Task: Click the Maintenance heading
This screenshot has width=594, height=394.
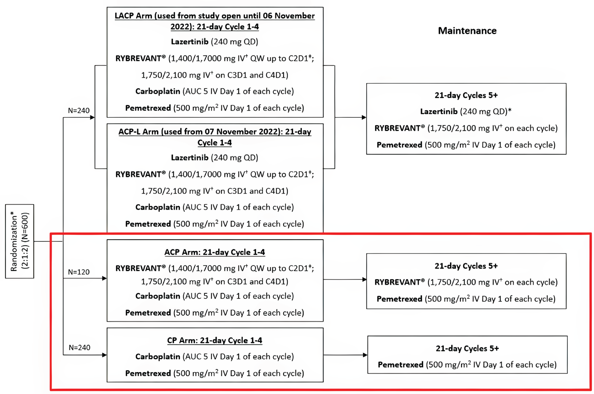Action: click(467, 31)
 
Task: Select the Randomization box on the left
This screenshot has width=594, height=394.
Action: click(20, 241)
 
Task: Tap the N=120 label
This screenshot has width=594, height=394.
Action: click(79, 272)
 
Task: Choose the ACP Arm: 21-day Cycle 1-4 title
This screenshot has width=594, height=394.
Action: click(215, 252)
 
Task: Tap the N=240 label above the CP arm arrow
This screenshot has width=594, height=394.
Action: click(79, 347)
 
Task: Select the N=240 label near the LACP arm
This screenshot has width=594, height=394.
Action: click(79, 110)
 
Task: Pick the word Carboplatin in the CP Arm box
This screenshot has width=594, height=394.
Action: click(158, 357)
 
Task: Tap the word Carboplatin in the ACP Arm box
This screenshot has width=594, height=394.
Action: click(158, 296)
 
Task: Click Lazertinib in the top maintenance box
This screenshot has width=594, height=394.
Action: click(439, 111)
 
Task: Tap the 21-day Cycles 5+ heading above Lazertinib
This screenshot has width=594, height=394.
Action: click(466, 95)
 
